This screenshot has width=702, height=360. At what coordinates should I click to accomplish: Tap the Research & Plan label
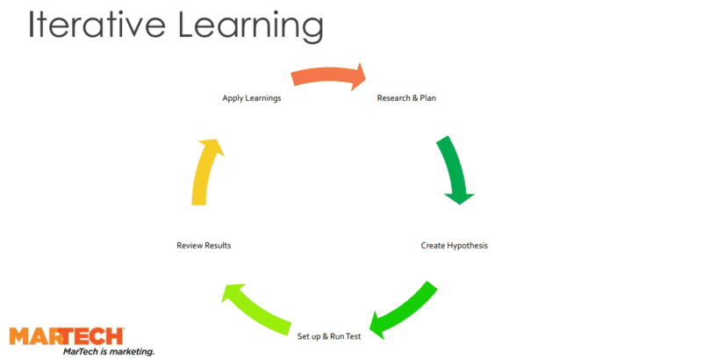point(406,98)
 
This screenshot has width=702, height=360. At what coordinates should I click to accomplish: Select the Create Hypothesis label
point(454,246)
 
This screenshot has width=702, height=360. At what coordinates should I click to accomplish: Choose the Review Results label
point(204,246)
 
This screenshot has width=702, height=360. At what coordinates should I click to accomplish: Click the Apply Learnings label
point(252,98)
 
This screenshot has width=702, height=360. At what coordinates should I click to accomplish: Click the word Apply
point(233,98)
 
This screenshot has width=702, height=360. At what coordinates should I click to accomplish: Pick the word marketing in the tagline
point(131,351)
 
